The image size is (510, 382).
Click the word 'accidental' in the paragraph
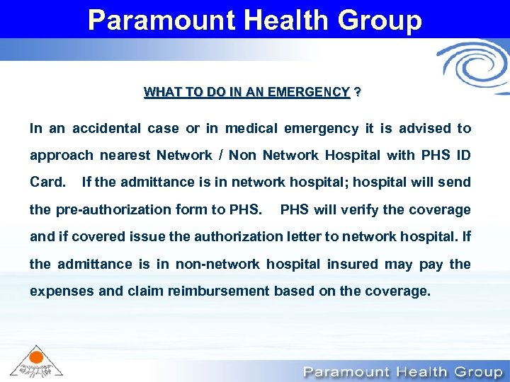[106, 129]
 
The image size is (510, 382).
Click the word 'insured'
[353, 264]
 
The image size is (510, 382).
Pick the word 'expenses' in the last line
[58, 291]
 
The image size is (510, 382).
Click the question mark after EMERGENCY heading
[357, 93]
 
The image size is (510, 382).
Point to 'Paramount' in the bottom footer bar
[345, 371]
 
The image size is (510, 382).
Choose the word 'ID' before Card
[463, 156]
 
